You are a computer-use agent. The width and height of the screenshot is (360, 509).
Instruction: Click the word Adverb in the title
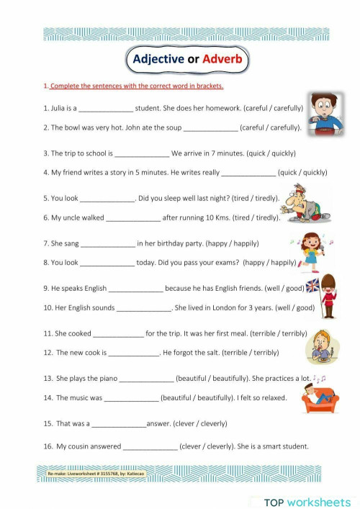tap(223, 59)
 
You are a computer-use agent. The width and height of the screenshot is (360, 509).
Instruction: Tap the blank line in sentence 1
tap(105, 109)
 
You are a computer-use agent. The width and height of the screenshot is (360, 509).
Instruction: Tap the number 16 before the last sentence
tap(48, 446)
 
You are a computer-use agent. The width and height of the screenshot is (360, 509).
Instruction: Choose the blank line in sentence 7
tap(108, 243)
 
